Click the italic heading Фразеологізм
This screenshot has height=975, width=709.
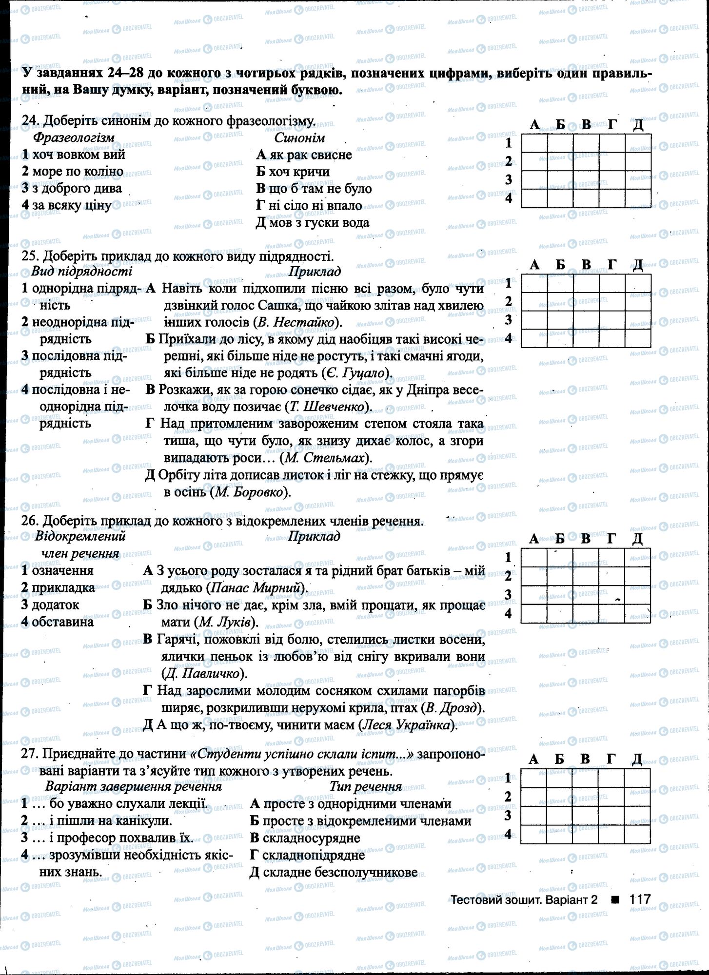click(74, 138)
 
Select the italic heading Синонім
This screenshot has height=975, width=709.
click(299, 138)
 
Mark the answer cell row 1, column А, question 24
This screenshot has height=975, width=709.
click(534, 143)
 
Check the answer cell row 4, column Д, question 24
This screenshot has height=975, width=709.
click(638, 198)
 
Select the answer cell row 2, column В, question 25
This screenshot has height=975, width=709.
click(586, 302)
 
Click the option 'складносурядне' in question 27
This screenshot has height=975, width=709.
click(311, 838)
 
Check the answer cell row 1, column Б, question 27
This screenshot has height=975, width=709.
click(559, 778)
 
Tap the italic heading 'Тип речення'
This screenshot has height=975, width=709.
click(365, 787)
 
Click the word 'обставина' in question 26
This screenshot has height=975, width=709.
click(62, 622)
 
